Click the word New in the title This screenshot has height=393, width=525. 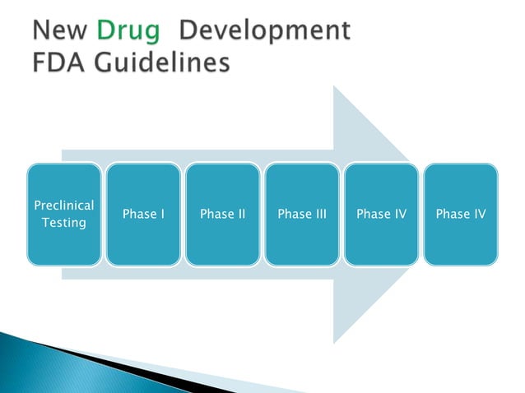(58, 30)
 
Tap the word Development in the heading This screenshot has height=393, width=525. (264, 30)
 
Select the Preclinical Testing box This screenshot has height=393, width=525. (64, 214)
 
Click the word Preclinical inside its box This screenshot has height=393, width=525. (64, 205)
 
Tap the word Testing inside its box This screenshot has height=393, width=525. (64, 223)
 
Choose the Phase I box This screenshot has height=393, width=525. (143, 214)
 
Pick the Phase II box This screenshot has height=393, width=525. (223, 214)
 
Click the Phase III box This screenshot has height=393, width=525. (302, 214)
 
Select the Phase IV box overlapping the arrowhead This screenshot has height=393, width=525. (381, 214)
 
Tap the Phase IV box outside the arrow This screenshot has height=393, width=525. (460, 214)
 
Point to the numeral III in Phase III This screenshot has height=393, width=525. (319, 214)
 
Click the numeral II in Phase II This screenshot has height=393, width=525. (239, 214)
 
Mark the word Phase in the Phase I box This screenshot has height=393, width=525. (138, 214)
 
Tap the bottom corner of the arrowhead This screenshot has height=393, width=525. (335, 340)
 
